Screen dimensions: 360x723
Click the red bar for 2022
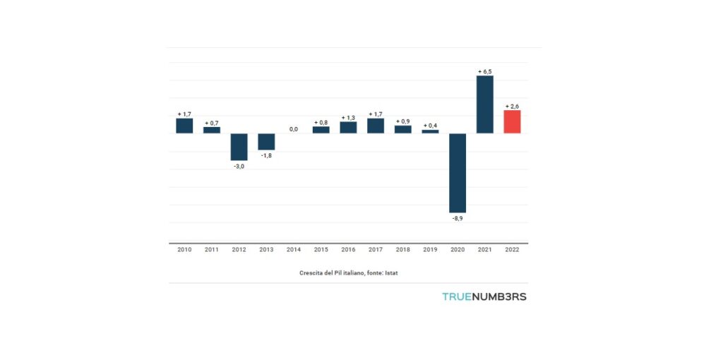click(512, 121)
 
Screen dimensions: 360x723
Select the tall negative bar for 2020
click(458, 173)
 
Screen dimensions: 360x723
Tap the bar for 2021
click(484, 104)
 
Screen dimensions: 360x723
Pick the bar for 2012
click(239, 147)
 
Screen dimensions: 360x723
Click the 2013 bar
click(266, 141)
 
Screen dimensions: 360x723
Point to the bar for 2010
click(184, 126)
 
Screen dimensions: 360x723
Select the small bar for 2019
click(430, 131)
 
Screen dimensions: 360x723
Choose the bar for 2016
click(348, 127)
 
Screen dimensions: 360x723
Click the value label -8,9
click(458, 219)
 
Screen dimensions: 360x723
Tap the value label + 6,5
click(484, 71)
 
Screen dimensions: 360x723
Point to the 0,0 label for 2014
click(293, 129)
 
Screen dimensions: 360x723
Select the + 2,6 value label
click(512, 106)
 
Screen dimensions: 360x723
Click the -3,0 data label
click(239, 167)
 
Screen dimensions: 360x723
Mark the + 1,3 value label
click(348, 117)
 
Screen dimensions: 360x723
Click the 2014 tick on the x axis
click(293, 250)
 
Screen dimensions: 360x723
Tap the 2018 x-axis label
click(402, 250)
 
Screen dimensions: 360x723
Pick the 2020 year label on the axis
click(458, 250)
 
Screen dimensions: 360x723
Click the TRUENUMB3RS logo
click(484, 296)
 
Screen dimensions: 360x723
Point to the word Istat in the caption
click(391, 272)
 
